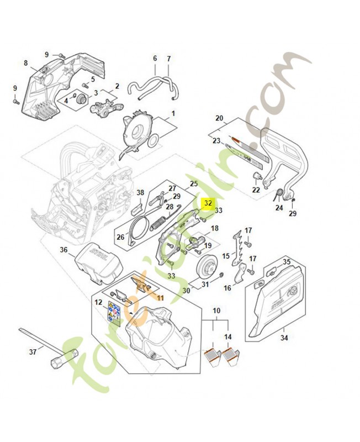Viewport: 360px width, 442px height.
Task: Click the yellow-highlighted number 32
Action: point(208,203)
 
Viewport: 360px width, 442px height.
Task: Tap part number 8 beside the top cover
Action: point(25,64)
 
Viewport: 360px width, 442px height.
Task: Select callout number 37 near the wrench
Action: point(33,351)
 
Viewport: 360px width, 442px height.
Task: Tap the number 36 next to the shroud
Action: point(64,250)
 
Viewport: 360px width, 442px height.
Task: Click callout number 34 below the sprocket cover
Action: point(284,337)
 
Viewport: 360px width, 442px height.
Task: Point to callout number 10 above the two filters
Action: point(216,311)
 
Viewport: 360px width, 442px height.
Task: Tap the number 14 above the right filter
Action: point(228,336)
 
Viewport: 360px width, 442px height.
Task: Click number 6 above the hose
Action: point(155,58)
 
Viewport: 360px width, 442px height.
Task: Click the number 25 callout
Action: point(193,183)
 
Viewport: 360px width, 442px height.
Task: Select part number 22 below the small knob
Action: point(256,190)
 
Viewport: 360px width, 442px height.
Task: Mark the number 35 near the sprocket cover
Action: point(287,262)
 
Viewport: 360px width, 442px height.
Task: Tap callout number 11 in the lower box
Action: point(161,298)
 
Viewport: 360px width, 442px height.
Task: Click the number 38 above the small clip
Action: point(140,193)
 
